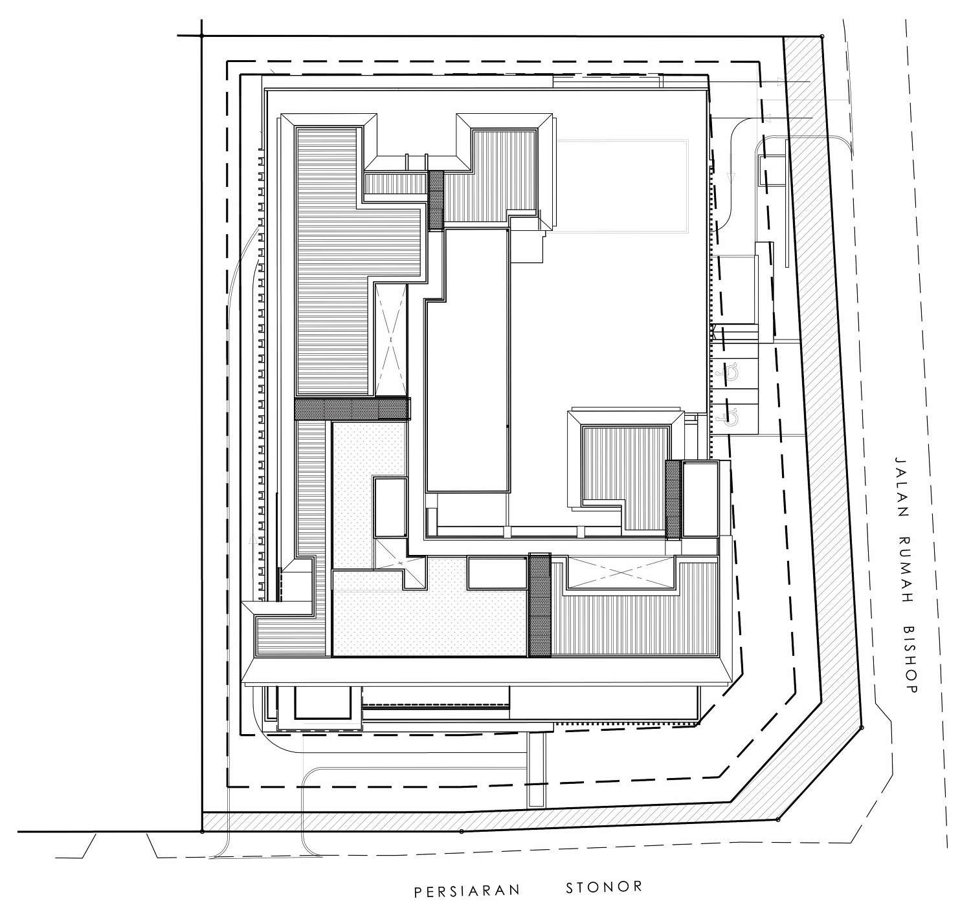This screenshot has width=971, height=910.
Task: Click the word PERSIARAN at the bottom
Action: point(467,891)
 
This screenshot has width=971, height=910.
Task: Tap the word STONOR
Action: point(604,887)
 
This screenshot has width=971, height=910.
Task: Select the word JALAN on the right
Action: point(901,488)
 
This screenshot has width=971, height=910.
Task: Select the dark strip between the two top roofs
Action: point(436,200)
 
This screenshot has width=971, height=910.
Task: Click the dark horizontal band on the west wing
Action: point(352,409)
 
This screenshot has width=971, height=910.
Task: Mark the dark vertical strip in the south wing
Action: point(539,605)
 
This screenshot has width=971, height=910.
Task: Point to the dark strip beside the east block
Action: point(673,499)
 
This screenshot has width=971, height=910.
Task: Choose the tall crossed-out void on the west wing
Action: point(390,340)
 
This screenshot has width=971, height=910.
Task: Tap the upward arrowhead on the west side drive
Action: point(252,539)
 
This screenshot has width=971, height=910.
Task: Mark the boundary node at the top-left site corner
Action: point(201,36)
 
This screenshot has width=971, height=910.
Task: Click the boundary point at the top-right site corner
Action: point(821,36)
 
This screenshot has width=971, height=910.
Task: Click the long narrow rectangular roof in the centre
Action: point(468,360)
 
